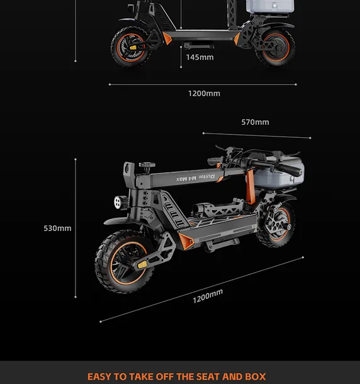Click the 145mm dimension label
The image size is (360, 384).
click(x=200, y=57)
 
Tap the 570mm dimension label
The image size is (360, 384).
click(x=255, y=122)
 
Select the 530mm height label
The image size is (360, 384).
click(x=57, y=229)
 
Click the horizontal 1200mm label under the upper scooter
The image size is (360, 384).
click(x=205, y=94)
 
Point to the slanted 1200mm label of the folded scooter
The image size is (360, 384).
click(x=208, y=296)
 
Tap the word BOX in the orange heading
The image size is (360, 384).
click(x=256, y=376)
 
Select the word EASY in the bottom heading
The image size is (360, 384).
click(x=99, y=376)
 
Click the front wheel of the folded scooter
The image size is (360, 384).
click(x=125, y=262)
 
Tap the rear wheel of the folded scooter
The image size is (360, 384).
click(x=276, y=224)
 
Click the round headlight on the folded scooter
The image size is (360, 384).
click(x=119, y=202)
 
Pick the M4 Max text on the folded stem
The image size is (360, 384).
click(x=186, y=179)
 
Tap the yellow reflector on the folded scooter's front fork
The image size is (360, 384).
click(x=142, y=264)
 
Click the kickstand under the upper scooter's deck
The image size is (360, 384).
click(x=198, y=45)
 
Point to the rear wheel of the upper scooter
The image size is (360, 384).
click(x=276, y=47)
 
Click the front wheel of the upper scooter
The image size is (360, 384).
click(x=130, y=47)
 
